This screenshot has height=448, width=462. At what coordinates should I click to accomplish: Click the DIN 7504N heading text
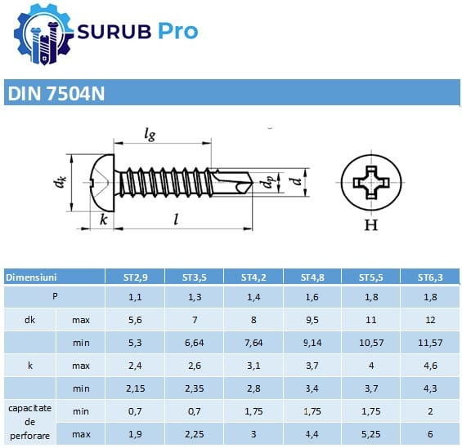(x=56, y=94)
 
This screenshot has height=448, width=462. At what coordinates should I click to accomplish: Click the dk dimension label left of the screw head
(x=60, y=184)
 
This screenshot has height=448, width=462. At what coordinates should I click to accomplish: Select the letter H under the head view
(x=370, y=226)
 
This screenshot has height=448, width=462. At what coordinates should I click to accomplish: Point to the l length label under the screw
(x=176, y=219)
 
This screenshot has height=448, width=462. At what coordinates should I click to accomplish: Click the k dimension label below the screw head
(x=103, y=220)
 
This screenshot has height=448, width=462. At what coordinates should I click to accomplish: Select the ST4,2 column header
(x=253, y=277)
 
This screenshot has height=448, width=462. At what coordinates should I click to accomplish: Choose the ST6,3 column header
(x=429, y=277)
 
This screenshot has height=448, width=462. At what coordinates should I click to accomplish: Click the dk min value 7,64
(x=253, y=341)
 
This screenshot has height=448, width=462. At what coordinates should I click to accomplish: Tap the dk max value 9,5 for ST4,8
(x=312, y=319)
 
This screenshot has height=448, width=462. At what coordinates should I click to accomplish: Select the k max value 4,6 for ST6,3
(x=429, y=363)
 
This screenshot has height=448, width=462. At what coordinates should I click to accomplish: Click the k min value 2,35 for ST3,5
(x=195, y=386)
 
